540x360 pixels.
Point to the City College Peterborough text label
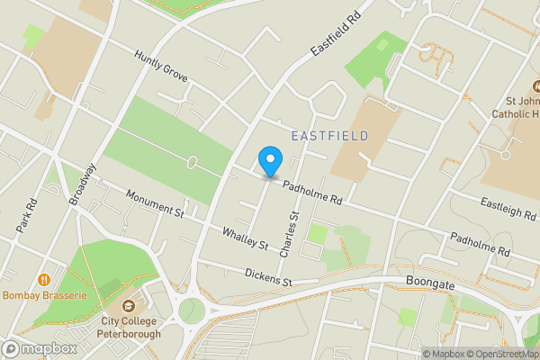[x=130, y=327]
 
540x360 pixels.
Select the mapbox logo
[x=40, y=348]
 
